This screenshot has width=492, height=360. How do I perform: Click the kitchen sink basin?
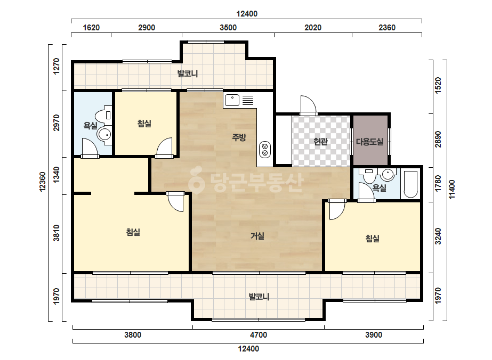[232, 100]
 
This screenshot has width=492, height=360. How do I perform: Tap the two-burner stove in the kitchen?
[265, 150]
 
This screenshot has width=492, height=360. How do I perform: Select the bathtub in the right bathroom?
[410, 184]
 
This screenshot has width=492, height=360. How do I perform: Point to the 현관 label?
[320, 142]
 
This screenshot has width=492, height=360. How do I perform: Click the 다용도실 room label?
[369, 142]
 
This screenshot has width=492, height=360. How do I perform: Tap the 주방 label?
[239, 137]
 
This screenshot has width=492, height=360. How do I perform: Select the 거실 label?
[257, 236]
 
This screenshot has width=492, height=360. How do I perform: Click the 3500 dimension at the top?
[228, 28]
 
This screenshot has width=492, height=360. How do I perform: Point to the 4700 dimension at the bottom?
[259, 335]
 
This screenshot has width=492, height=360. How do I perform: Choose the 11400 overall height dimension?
[452, 189]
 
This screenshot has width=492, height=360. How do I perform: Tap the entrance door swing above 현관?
[308, 105]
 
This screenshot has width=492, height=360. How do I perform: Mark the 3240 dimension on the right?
[438, 236]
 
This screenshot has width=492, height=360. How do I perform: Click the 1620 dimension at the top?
[91, 28]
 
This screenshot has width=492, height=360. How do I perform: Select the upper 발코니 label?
[187, 73]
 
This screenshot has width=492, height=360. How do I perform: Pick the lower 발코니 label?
[259, 297]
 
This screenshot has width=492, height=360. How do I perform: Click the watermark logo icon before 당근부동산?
[196, 179]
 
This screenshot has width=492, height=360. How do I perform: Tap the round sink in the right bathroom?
[388, 174]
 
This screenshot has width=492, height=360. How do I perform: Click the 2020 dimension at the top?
[313, 28]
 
